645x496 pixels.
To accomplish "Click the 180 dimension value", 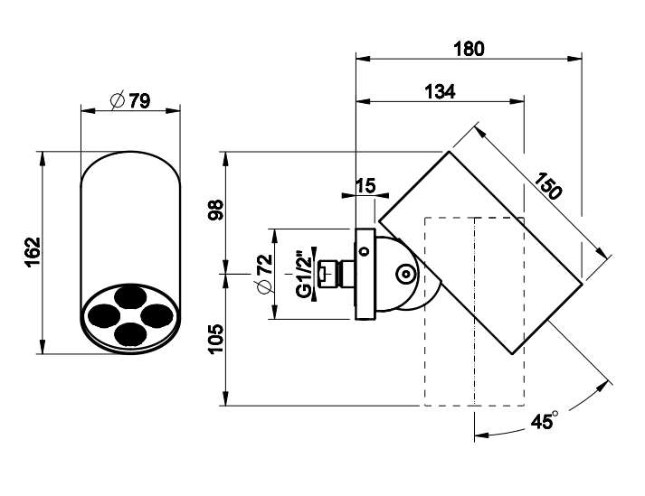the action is tap(469, 49).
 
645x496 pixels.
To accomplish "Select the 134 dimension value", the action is tap(440, 91).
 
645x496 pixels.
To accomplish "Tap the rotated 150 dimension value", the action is tap(548, 186).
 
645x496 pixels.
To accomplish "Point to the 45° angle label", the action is tap(544, 421).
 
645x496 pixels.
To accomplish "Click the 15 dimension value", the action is tap(365, 186).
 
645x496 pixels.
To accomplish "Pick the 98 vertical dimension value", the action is tap(215, 210).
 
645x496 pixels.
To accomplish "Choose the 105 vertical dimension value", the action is tap(215, 339).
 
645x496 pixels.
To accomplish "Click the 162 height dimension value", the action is tap(33, 252).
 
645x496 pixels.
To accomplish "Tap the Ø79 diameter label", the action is tap(131, 100).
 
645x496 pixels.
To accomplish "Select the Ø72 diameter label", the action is tap(264, 274).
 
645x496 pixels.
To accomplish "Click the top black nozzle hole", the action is tap(130, 297).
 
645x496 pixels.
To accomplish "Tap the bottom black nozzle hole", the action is tap(130, 333).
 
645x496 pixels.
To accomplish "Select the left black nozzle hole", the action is tap(104, 315).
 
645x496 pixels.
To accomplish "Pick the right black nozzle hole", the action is tap(157, 315).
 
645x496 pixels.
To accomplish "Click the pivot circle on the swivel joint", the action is tap(405, 274).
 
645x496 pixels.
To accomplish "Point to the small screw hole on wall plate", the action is tap(364, 250).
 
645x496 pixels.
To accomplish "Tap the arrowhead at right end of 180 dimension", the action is tap(575, 59).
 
